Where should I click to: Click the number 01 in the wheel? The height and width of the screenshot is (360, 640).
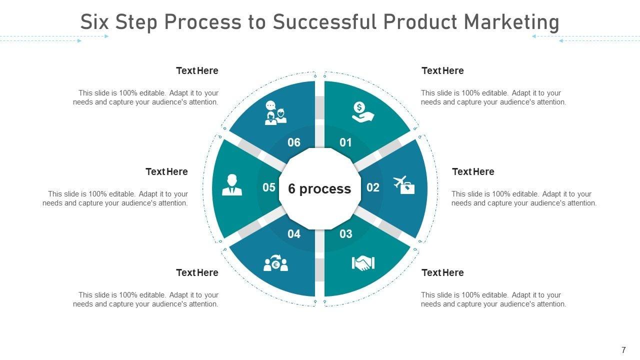point(345,143)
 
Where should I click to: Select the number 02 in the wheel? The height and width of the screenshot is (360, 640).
point(373,187)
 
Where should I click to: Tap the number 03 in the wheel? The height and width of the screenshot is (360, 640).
point(345,233)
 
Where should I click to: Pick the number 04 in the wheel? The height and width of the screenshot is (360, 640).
point(294,233)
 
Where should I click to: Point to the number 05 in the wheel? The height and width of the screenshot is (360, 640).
point(269,187)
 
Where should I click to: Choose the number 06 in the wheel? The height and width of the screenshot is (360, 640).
point(294,143)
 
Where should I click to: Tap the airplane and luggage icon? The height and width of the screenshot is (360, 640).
point(404,185)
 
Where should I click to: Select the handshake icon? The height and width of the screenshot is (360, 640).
point(363,263)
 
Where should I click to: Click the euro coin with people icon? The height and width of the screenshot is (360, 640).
point(275,263)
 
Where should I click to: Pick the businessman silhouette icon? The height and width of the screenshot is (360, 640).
point(231,185)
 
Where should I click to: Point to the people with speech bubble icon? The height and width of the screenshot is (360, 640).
point(275,113)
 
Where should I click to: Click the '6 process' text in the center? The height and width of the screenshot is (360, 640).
point(319,189)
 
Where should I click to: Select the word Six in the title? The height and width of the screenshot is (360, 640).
point(95,22)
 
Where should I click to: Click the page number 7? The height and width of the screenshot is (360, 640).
point(623,350)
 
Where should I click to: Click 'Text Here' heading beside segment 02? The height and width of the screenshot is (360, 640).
point(473,172)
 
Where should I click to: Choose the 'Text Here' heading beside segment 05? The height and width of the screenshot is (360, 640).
point(166,172)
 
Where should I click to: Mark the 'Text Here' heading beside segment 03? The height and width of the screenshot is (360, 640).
point(442,273)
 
